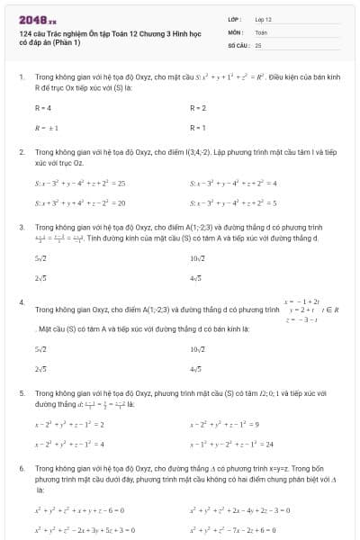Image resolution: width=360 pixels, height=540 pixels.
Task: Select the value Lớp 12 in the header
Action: pyautogui.click(x=263, y=19)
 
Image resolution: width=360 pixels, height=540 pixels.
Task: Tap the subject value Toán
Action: pyautogui.click(x=261, y=31)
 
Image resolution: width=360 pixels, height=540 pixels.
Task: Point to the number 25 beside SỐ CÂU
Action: pyautogui.click(x=258, y=44)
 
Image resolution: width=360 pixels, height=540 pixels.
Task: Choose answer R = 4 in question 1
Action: pyautogui.click(x=43, y=108)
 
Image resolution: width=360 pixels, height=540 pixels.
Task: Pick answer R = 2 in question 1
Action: pyautogui.click(x=198, y=108)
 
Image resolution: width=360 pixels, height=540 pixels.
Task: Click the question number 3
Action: pyautogui.click(x=21, y=228)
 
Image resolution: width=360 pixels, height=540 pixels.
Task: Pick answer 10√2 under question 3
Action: pyautogui.click(x=199, y=259)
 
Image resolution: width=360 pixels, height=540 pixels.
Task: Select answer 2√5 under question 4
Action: pyautogui.click(x=40, y=369)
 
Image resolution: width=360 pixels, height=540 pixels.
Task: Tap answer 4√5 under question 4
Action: pyautogui.click(x=196, y=369)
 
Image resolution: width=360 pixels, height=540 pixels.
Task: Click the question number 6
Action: pyautogui.click(x=21, y=469)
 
